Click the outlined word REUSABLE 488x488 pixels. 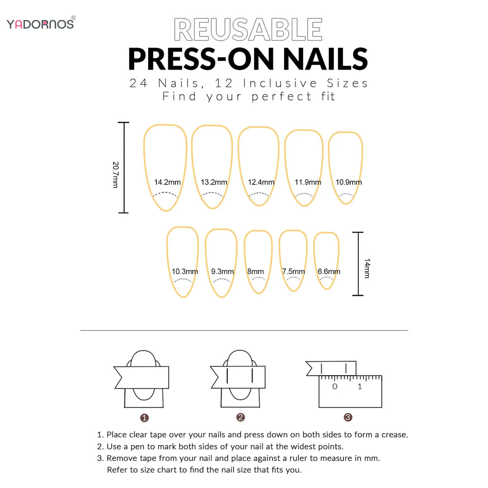point(248,30)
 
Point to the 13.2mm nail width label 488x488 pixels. point(214,182)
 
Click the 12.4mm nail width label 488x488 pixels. point(261,182)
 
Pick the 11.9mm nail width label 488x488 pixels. point(308,182)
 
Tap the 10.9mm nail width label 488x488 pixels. point(348,182)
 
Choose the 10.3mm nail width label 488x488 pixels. point(185,272)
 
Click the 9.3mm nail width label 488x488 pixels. point(223,272)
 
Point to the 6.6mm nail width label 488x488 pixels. point(329,272)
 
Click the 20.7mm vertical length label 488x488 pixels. point(115,174)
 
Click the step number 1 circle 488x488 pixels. point(145,417)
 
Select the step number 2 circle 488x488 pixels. point(241,417)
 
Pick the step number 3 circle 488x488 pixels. point(348,417)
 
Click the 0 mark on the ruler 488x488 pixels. point(335,386)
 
